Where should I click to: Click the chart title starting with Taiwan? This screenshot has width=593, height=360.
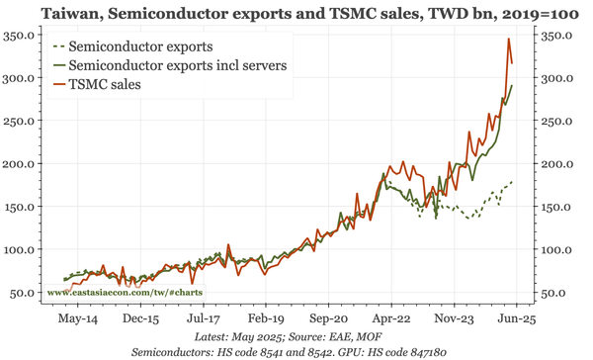point(296,12)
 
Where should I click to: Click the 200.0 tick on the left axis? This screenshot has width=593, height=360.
point(22,163)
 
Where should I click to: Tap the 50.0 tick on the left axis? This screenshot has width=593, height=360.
point(26,292)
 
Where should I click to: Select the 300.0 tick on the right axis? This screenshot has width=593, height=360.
point(554,78)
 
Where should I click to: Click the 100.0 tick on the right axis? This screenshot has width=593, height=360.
point(554,249)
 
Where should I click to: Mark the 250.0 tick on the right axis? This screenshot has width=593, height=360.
point(554,121)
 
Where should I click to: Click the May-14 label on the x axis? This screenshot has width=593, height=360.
point(78,319)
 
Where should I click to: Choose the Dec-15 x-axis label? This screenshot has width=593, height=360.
point(140,319)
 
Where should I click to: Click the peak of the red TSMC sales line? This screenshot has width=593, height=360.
point(508,39)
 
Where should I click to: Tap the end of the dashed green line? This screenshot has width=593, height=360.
point(512,182)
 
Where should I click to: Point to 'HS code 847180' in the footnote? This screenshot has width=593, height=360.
point(410,352)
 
